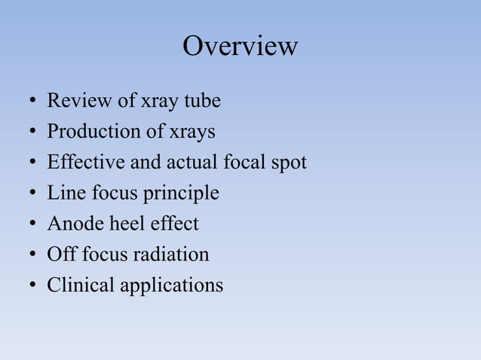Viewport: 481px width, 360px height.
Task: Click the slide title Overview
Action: tap(240, 47)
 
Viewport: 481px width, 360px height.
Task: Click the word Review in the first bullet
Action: tap(72, 101)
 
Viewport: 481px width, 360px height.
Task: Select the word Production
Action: tap(89, 132)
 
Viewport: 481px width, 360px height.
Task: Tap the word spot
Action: tap(288, 163)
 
